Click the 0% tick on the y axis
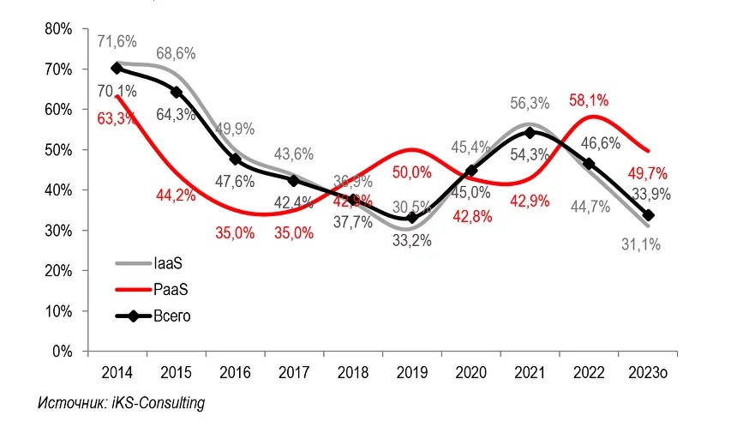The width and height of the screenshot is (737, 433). click(x=61, y=352)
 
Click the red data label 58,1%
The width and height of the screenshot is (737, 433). click(x=590, y=101)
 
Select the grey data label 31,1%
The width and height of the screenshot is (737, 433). click(x=642, y=245)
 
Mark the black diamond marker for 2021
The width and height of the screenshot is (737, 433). click(x=530, y=133)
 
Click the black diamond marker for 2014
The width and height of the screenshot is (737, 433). click(x=116, y=69)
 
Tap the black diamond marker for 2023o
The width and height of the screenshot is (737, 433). click(x=648, y=215)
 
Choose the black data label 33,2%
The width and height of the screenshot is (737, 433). click(x=411, y=241)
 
